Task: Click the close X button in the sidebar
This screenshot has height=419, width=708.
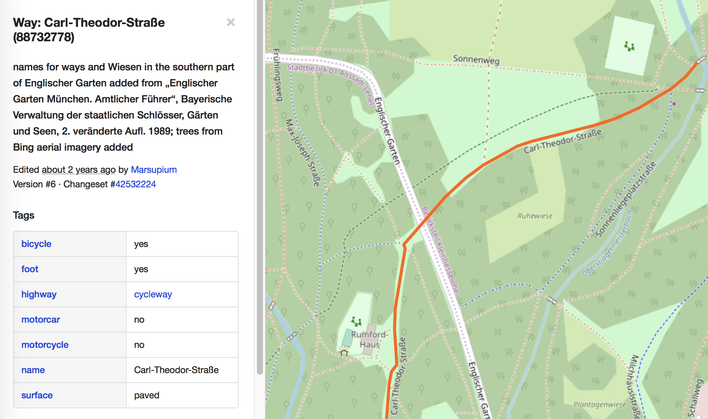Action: (231, 22)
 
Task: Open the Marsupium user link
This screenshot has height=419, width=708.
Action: (154, 170)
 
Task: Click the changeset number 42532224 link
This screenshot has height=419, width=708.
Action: (136, 184)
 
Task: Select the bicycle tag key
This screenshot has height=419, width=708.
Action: (36, 244)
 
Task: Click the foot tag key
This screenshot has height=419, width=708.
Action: (30, 269)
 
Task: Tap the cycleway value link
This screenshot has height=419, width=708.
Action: (153, 294)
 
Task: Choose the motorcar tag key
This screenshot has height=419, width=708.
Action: (41, 320)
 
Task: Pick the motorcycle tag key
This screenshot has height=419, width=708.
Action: (45, 345)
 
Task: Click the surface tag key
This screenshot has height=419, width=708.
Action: (37, 395)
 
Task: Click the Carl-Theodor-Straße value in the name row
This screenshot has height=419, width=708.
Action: (176, 370)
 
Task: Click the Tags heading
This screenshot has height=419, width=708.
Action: (24, 215)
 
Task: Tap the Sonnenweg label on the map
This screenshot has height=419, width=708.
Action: (476, 60)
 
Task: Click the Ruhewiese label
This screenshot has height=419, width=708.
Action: (535, 216)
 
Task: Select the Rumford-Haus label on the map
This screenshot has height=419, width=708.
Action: (369, 339)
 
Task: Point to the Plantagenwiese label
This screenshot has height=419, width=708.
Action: (599, 404)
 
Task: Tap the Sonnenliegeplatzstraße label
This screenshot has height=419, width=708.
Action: (625, 199)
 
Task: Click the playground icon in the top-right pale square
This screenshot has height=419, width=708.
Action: (629, 47)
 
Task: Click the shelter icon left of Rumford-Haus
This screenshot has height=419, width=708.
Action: (344, 352)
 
